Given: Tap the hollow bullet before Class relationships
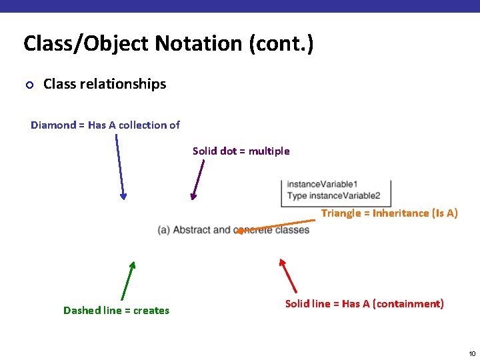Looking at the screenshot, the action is point(29,85).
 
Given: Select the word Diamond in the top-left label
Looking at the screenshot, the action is point(53,125).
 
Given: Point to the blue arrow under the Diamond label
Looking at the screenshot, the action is point(120,167).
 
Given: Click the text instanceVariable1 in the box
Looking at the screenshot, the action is point(323,184).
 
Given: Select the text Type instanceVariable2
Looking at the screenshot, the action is point(333,195).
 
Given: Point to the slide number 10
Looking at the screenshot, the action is point(471,353).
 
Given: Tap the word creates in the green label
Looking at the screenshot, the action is point(151,311).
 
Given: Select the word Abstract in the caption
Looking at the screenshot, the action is point(191,230).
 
